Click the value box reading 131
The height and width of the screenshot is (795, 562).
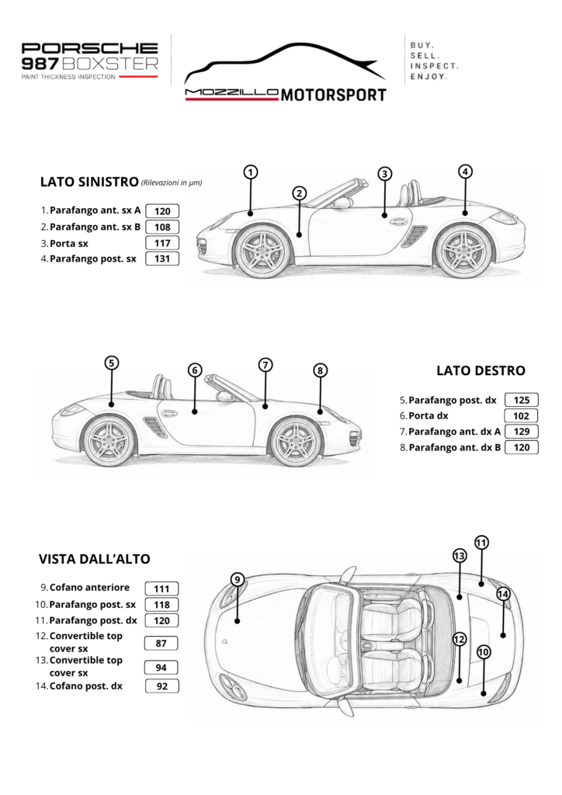coord(162,259)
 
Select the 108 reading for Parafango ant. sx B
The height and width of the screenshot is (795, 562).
coord(162,227)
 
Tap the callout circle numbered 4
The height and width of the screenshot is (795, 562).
coord(465,172)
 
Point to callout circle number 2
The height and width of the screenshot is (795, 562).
coord(300,193)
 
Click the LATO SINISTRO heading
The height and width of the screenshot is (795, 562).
coord(89,182)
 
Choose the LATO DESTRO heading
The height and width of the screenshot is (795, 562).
coord(480,370)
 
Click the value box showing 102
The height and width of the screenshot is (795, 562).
coord(522,416)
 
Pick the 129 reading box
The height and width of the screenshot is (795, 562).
coord(522,432)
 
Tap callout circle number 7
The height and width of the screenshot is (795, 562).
coord(265,365)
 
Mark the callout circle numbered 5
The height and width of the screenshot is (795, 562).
coord(112,363)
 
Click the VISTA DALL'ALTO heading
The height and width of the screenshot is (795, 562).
coord(94,559)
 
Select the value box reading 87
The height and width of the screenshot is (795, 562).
coord(161,644)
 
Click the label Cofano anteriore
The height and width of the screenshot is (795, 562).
coord(89,588)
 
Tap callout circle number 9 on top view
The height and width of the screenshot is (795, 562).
coord(238,579)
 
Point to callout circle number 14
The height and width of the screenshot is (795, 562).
coord(503,594)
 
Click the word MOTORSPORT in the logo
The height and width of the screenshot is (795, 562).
coord(334,95)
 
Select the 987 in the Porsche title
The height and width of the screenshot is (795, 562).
coord(40,64)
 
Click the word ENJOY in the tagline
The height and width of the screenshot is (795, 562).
coord(428,77)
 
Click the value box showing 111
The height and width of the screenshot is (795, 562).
coord(161,588)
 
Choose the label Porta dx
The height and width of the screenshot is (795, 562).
coord(428,416)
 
